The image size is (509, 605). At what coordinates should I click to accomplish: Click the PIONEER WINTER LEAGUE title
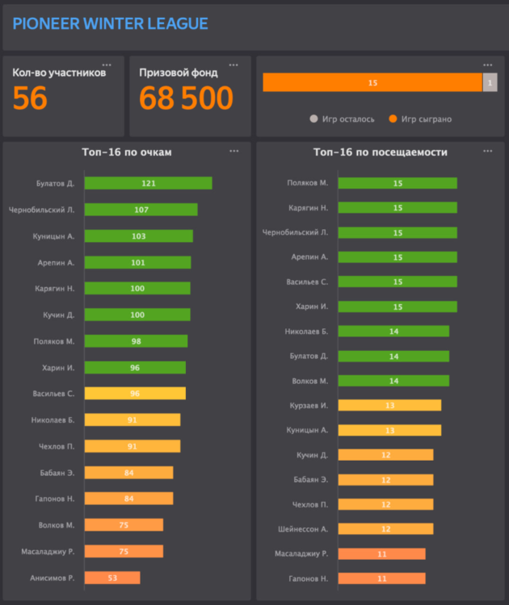point(110,24)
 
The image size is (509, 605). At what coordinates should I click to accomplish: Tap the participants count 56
point(30,98)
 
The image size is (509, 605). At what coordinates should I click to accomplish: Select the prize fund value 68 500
point(186,98)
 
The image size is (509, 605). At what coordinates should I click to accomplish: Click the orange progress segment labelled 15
point(372,82)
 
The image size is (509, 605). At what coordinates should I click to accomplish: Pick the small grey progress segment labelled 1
point(490,82)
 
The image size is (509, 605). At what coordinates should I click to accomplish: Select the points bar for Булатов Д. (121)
point(148,183)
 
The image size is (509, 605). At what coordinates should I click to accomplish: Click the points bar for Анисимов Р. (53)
point(112,578)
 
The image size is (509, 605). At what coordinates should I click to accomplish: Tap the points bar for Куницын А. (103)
point(138,236)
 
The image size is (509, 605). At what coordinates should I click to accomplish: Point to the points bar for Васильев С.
point(135,394)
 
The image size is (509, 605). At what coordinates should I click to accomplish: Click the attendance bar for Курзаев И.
point(389,405)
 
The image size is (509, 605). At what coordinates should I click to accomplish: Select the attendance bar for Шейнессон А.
point(385,528)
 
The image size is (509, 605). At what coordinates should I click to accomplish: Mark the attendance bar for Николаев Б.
point(393,331)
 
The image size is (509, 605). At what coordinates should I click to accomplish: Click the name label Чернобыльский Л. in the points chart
point(41,210)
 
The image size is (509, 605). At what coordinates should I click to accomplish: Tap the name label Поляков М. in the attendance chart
point(307,183)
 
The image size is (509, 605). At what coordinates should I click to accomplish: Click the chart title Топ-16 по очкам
point(126,152)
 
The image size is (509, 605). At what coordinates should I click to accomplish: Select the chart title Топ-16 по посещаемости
point(380,152)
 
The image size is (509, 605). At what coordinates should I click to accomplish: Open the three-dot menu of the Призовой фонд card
point(233,65)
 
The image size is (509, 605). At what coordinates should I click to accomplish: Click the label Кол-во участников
point(59,73)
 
